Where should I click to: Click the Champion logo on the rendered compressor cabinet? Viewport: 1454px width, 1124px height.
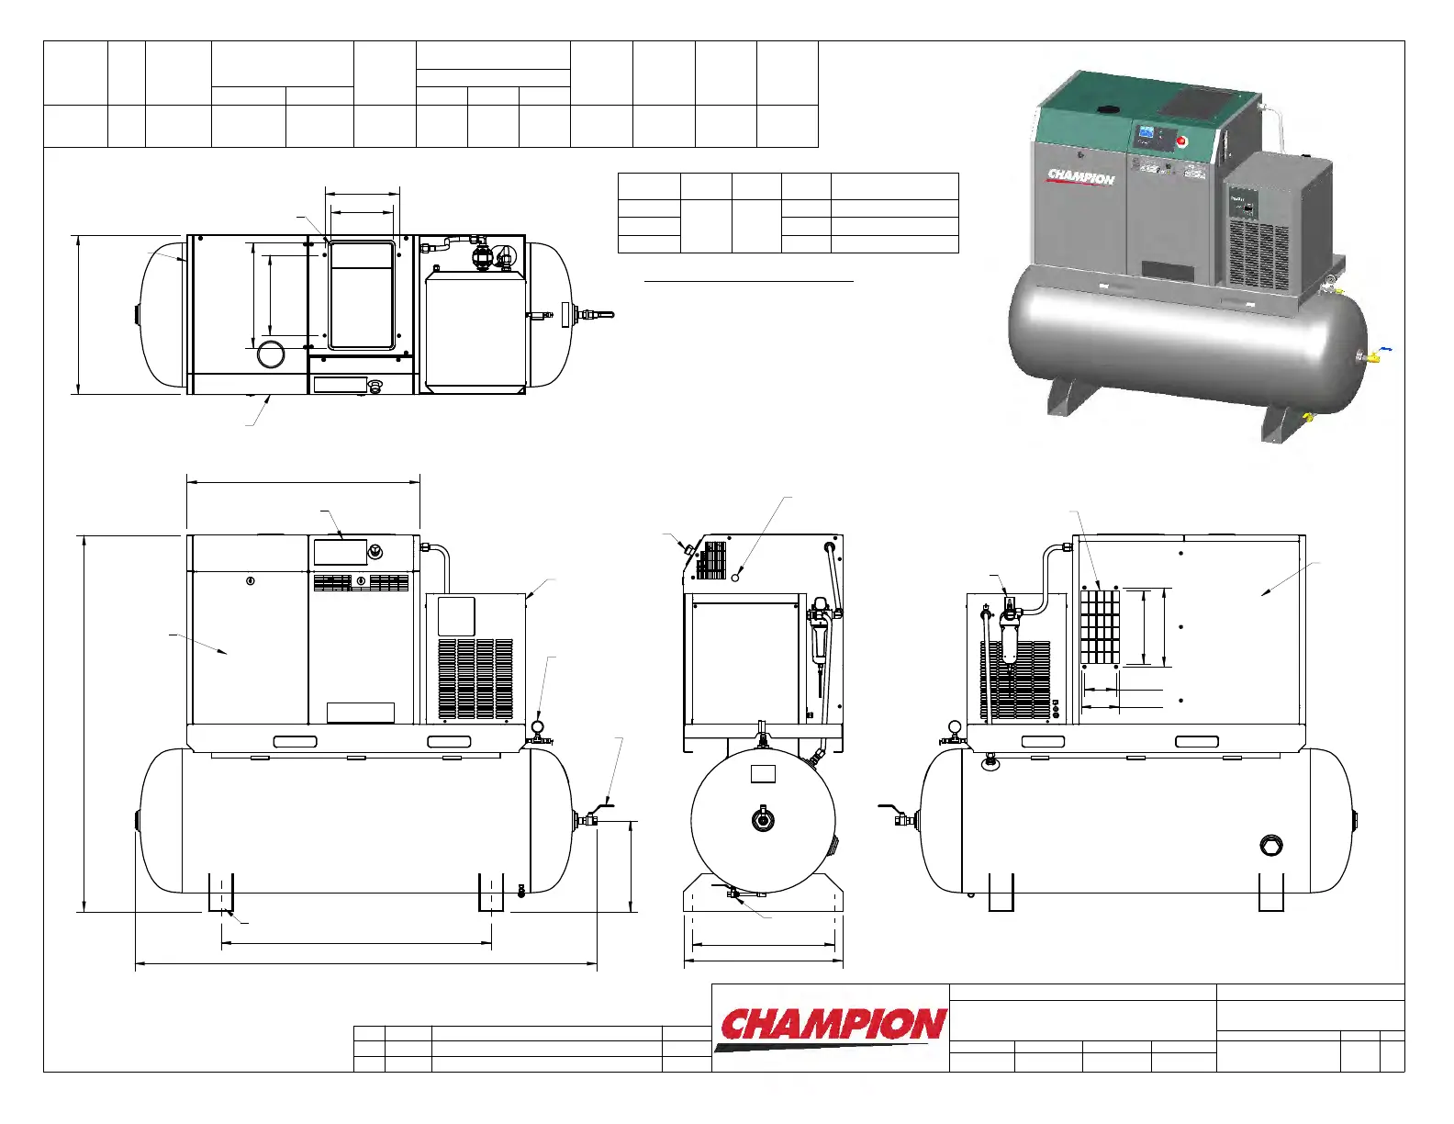(x=1080, y=176)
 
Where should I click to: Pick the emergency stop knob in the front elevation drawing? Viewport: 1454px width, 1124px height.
(x=375, y=552)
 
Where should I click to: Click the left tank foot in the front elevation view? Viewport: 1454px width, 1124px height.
(x=220, y=892)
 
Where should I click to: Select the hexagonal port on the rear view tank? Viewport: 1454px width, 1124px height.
(x=1271, y=845)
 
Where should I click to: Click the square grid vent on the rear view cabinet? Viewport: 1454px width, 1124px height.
(x=1100, y=627)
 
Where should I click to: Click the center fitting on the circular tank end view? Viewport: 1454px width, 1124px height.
(x=761, y=818)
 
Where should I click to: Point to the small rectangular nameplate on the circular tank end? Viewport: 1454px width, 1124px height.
(x=763, y=773)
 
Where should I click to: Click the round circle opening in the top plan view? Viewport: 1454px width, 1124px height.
(x=271, y=354)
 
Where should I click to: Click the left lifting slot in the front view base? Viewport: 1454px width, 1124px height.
(x=295, y=741)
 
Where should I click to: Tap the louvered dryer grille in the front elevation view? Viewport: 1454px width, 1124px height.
(x=475, y=679)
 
